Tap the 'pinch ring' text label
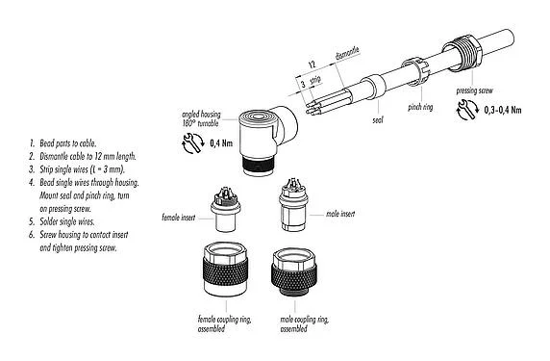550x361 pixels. [420, 108]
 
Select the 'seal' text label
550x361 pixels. [379, 120]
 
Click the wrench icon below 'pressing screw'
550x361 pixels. [468, 109]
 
